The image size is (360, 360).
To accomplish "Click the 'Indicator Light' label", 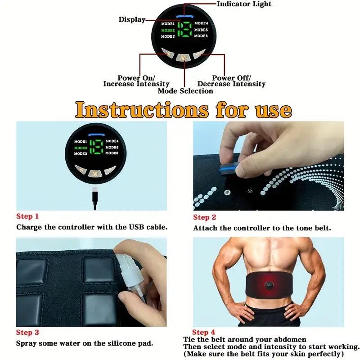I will [244, 4].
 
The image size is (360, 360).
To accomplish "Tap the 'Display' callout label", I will [132, 19].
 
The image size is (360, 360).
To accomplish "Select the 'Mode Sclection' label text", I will [185, 91].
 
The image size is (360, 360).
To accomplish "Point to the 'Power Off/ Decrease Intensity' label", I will [232, 81].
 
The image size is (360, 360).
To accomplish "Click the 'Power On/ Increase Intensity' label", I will [136, 81].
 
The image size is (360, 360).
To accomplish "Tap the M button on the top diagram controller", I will [184, 58].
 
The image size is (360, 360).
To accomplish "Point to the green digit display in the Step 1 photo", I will [95, 147].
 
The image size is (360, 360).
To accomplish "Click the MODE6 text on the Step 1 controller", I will [112, 153].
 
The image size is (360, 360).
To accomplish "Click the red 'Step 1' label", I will [27, 216].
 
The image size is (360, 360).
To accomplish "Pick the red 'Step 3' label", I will [27, 333].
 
